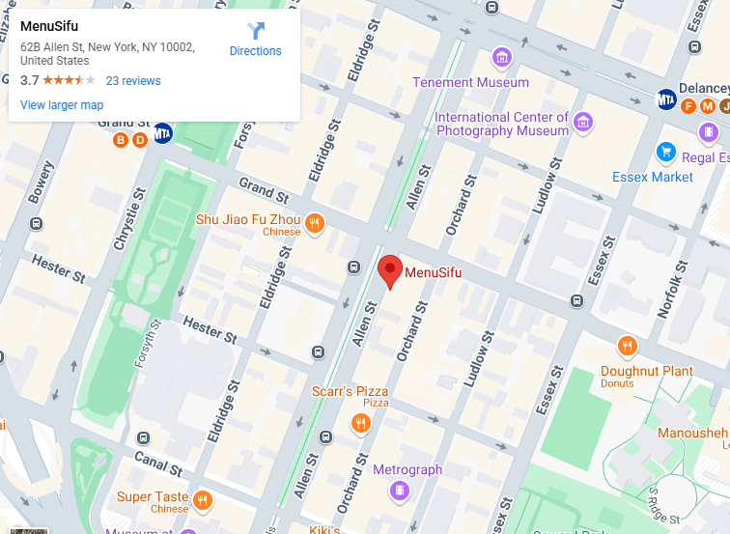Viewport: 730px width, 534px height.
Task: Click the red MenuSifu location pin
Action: tap(389, 270)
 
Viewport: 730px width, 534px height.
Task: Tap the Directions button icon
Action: tap(256, 30)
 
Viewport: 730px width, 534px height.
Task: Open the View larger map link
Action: tap(62, 105)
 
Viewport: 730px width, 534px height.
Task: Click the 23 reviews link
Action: tap(133, 81)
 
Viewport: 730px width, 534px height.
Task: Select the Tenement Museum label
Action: tap(470, 82)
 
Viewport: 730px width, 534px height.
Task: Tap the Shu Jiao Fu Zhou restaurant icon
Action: tap(314, 225)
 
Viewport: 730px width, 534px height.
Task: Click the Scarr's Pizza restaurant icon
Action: tap(361, 423)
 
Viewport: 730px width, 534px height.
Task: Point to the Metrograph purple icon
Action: tap(397, 491)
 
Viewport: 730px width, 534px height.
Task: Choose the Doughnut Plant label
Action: tap(647, 371)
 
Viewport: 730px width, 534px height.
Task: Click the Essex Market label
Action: tap(653, 177)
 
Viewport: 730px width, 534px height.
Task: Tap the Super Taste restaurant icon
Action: tap(202, 500)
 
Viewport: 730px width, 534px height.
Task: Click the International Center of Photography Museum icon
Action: tap(582, 123)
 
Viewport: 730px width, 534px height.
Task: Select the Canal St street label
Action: tap(157, 464)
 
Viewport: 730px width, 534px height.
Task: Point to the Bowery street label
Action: tap(41, 182)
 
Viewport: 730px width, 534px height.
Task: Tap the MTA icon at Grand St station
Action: tap(163, 133)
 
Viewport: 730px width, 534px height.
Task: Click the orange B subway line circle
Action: tap(121, 140)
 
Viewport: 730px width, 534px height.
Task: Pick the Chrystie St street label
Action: tap(124, 224)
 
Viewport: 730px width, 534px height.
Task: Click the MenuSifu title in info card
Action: tap(48, 26)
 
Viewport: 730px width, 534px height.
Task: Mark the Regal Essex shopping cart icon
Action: tap(665, 152)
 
